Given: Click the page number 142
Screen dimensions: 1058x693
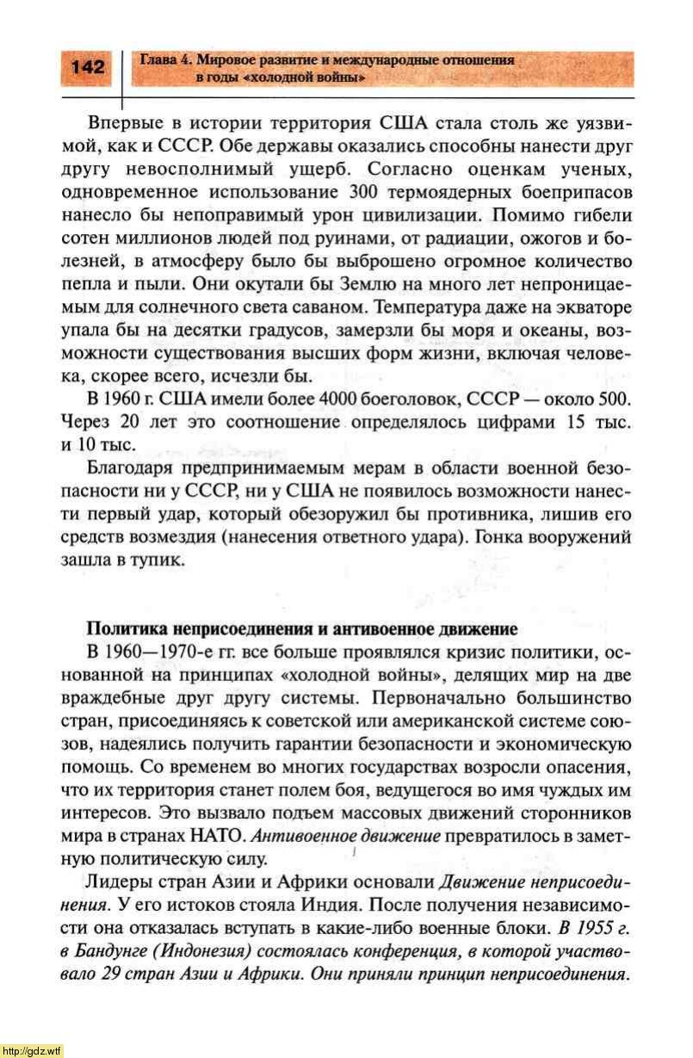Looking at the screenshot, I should coord(88,67).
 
